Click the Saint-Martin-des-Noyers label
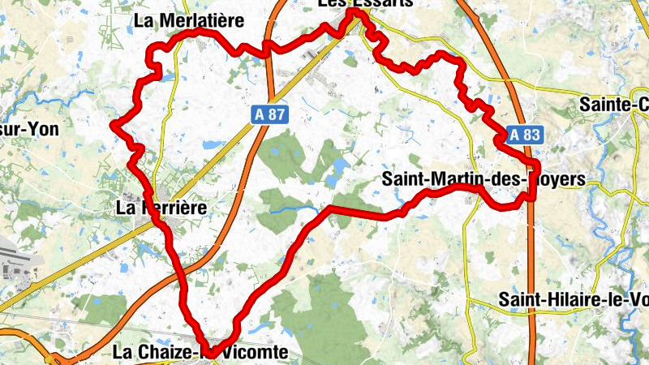482,178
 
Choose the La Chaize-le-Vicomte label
200,352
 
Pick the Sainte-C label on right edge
614,104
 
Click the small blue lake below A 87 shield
213,145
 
